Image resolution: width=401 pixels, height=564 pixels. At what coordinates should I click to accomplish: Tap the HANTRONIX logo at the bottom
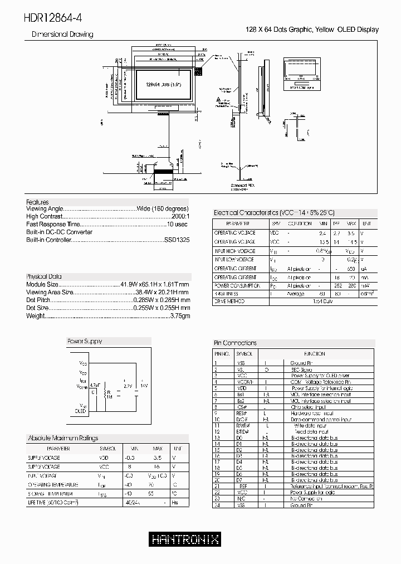tap(185, 539)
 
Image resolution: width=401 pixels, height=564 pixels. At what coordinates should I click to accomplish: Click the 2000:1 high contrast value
tap(178, 216)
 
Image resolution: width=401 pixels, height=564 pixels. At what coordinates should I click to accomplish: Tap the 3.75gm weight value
tap(179, 315)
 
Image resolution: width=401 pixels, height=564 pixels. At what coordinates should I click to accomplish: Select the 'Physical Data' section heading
tap(44, 276)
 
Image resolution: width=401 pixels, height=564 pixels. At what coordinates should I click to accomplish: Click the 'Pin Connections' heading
tap(236, 343)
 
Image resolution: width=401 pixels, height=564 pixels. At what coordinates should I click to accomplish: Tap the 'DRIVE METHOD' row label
tap(229, 301)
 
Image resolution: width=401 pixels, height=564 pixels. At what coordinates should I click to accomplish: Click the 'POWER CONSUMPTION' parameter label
tap(237, 285)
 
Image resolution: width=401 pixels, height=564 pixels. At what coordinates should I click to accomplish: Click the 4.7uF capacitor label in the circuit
tap(95, 385)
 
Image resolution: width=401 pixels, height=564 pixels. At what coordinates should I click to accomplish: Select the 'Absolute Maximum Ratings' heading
tap(63, 438)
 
